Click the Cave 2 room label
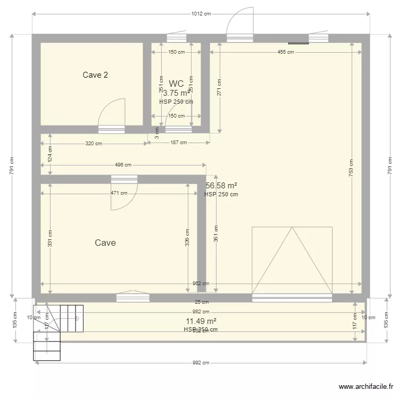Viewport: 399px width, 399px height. pyautogui.click(x=95, y=75)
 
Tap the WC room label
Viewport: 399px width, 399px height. pyautogui.click(x=176, y=84)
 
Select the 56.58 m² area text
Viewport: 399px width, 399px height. pyautogui.click(x=221, y=186)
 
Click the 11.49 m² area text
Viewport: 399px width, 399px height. pyautogui.click(x=201, y=321)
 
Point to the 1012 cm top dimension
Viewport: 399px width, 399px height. pyautogui.click(x=201, y=14)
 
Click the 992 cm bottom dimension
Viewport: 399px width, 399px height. pyautogui.click(x=201, y=363)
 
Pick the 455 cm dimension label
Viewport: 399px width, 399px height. pyautogui.click(x=285, y=52)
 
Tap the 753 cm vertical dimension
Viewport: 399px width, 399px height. pyautogui.click(x=351, y=168)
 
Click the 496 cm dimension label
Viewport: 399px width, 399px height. pyautogui.click(x=123, y=165)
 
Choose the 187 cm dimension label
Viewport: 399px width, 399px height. pyautogui.click(x=178, y=143)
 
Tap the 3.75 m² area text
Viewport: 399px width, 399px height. pyautogui.click(x=176, y=93)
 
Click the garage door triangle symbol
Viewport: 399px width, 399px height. pyautogui.click(x=292, y=260)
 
